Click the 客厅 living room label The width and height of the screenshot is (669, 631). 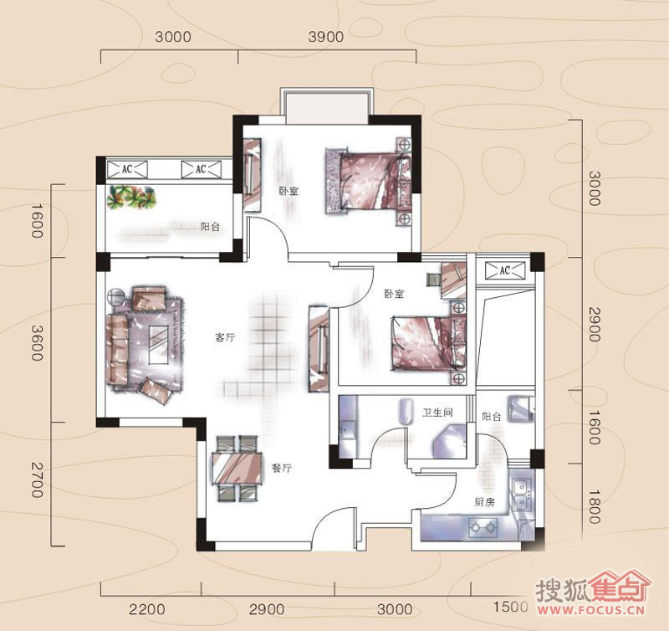225,337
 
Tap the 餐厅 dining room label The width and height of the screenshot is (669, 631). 282,468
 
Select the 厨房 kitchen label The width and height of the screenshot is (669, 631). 485,502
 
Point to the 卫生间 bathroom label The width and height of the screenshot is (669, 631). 437,413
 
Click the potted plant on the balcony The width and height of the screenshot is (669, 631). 131,198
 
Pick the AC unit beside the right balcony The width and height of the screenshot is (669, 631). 505,270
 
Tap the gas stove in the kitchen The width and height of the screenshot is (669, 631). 483,528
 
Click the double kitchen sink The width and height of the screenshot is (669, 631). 521,495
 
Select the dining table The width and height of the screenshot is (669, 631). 237,468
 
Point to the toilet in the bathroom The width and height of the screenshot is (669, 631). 406,412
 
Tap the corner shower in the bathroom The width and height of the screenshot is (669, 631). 449,441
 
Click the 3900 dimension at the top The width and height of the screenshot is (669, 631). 326,37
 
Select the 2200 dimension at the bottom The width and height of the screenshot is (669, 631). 147,608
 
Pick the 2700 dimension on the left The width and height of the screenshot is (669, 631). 37,480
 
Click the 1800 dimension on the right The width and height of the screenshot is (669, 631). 595,507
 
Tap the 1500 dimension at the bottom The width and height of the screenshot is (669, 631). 510,607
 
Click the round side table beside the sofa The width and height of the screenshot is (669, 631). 115,296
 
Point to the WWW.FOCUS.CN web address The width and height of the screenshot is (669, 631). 591,609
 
